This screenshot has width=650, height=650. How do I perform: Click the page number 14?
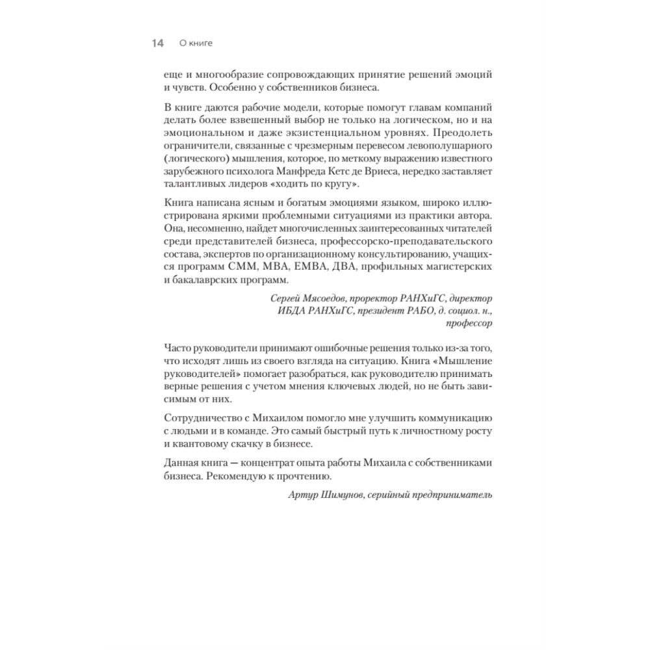pyautogui.click(x=157, y=44)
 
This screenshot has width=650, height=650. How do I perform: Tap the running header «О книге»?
pyautogui.click(x=196, y=44)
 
